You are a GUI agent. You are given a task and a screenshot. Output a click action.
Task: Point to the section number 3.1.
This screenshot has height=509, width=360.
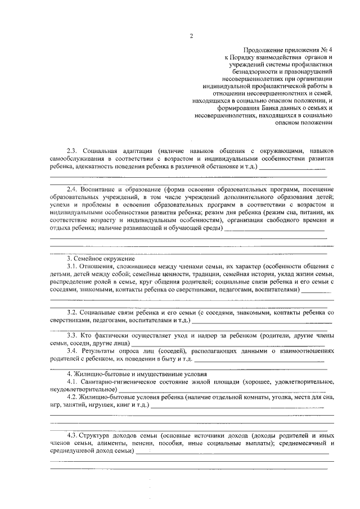[x=72, y=266]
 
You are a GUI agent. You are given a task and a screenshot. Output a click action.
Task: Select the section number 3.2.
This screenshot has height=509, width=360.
[x=72, y=312]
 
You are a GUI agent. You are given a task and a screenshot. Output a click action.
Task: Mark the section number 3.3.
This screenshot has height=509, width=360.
[x=72, y=335]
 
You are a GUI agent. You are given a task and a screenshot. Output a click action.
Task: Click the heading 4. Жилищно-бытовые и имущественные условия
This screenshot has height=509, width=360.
[x=129, y=374]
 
